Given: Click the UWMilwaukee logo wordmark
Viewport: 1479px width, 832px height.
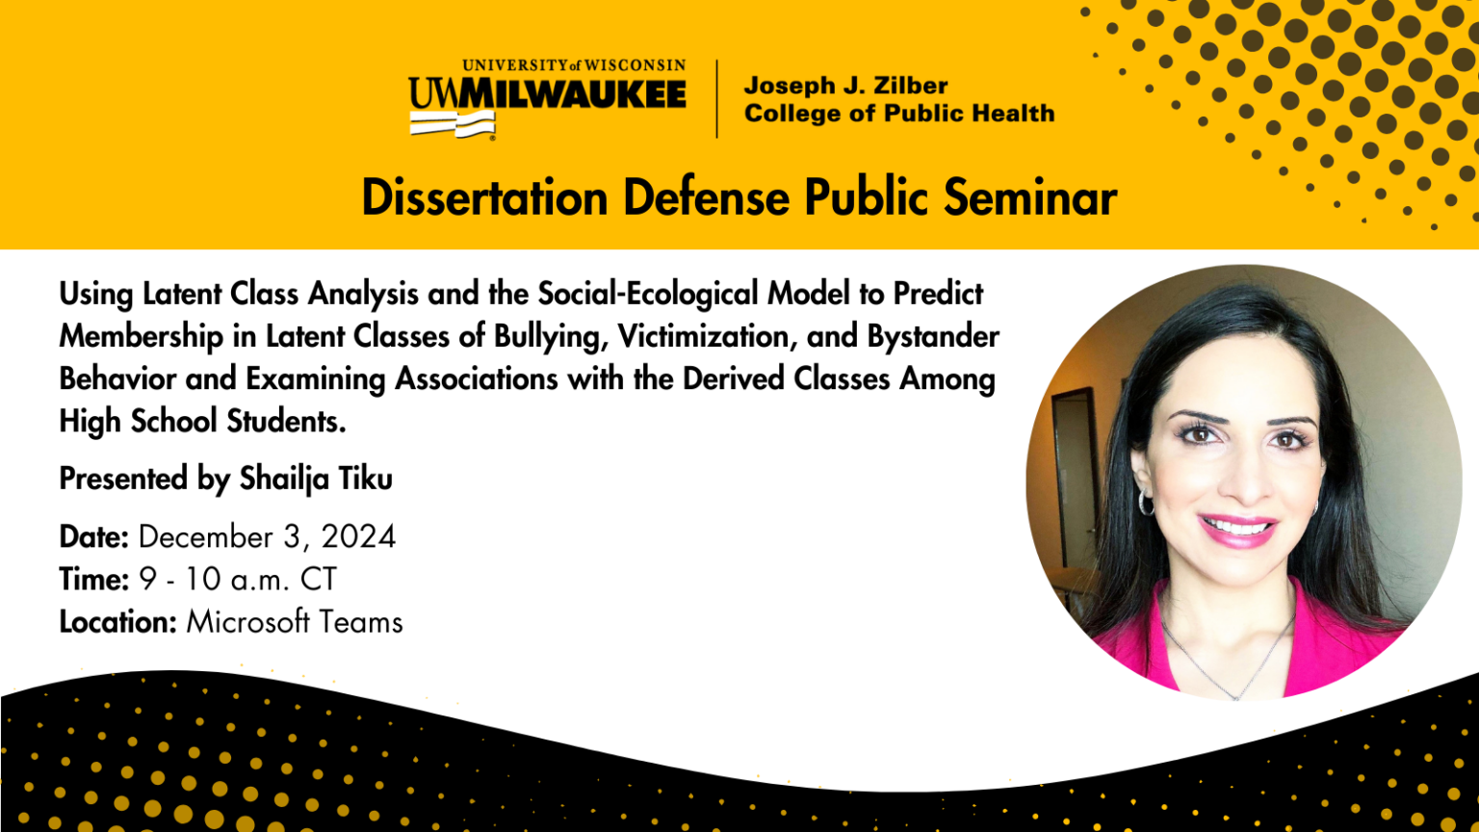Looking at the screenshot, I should (x=547, y=94).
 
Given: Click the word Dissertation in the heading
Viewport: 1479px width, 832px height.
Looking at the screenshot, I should (x=484, y=197).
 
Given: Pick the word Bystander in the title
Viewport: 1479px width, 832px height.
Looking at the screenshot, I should (x=933, y=336).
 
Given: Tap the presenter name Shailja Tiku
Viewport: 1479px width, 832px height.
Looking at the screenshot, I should (x=316, y=479).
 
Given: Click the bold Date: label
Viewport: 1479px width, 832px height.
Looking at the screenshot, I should (x=93, y=536).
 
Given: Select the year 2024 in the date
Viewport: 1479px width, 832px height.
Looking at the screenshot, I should (x=358, y=536).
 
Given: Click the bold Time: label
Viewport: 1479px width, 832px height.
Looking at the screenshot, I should (x=93, y=579).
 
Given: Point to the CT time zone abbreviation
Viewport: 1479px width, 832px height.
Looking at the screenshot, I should (x=319, y=579).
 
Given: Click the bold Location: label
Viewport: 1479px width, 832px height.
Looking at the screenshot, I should (x=117, y=622).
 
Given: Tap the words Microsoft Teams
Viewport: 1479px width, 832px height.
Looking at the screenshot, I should (x=295, y=622).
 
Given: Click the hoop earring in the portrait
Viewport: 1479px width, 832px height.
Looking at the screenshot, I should (x=1146, y=502).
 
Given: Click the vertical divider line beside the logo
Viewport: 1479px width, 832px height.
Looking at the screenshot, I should (x=716, y=98).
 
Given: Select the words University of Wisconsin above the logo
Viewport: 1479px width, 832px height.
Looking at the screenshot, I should (x=574, y=65).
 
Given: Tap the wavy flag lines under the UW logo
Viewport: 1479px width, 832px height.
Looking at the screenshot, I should (x=452, y=123).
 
